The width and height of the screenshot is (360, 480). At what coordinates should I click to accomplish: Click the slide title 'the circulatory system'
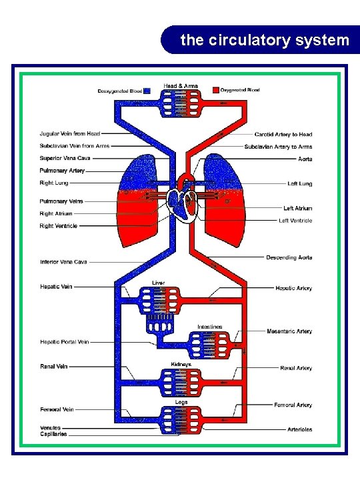pyautogui.click(x=265, y=40)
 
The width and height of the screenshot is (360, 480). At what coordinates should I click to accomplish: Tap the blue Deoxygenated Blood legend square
pyautogui.click(x=147, y=90)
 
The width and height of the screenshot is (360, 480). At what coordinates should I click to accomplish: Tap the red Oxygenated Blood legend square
pyautogui.click(x=215, y=90)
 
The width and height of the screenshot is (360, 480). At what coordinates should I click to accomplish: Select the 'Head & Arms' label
pyautogui.click(x=181, y=85)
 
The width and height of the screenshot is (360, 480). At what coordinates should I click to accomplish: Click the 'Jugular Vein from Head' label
pyautogui.click(x=70, y=134)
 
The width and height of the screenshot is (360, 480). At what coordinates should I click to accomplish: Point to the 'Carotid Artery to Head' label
pyautogui.click(x=283, y=135)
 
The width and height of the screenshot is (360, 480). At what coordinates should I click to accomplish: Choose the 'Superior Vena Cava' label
pyautogui.click(x=65, y=159)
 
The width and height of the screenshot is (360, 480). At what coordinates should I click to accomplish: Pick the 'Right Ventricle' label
pyautogui.click(x=59, y=226)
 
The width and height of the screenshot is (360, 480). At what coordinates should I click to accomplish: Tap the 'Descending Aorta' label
pyautogui.click(x=289, y=257)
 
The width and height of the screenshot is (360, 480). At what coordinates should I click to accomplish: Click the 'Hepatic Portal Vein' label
pyautogui.click(x=65, y=342)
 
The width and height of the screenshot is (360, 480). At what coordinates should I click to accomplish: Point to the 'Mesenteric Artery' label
pyautogui.click(x=289, y=331)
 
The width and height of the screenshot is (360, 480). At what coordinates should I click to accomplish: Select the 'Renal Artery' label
pyautogui.click(x=296, y=368)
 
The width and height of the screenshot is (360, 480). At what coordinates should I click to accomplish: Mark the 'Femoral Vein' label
pyautogui.click(x=57, y=409)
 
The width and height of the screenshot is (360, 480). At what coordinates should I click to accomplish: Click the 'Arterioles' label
pyautogui.click(x=299, y=429)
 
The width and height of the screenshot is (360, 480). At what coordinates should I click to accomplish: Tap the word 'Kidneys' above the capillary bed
pyautogui.click(x=181, y=365)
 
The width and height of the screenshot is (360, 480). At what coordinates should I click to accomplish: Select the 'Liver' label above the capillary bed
pyautogui.click(x=159, y=283)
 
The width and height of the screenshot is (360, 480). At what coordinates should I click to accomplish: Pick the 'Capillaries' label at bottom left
pyautogui.click(x=54, y=434)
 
